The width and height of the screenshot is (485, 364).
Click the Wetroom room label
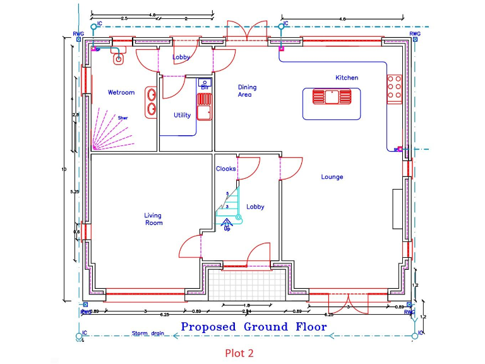tap(121, 92)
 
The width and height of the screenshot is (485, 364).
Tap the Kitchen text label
tap(347, 78)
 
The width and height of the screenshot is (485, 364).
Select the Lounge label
tap(332, 177)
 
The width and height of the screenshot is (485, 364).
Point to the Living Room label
tap(153, 219)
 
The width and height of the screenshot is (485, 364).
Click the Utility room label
tap(182, 115)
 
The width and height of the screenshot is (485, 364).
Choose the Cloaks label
tap(225, 169)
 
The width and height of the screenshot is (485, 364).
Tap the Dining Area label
tap(247, 91)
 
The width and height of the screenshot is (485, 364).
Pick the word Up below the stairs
tap(227, 228)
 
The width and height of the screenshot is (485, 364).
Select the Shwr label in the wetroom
tap(123, 118)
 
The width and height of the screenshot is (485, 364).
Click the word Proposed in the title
tap(207, 327)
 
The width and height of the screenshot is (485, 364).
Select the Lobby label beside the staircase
tap(255, 207)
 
